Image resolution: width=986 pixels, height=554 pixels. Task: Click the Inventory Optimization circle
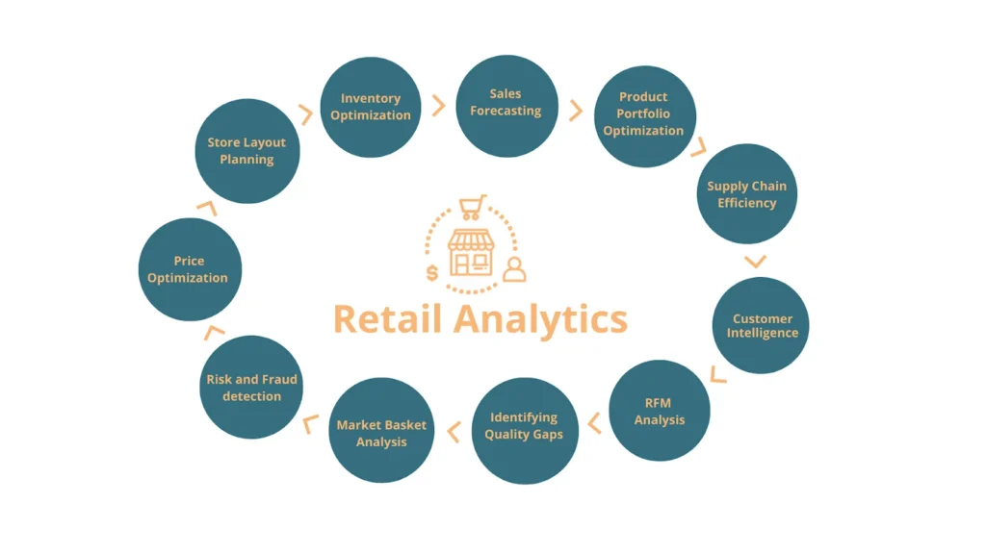[370, 107]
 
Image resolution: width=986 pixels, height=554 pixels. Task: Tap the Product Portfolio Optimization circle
[643, 114]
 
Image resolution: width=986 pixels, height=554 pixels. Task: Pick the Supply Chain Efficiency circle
[746, 194]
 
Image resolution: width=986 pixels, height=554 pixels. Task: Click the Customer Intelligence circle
[762, 325]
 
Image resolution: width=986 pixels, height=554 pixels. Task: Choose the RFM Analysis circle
[660, 411]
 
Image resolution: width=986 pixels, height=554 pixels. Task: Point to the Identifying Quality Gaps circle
[524, 426]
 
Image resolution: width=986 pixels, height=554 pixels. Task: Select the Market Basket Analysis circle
[381, 433]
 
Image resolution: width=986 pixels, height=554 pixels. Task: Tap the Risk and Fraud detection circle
[251, 388]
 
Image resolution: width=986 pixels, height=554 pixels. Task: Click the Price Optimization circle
[188, 269]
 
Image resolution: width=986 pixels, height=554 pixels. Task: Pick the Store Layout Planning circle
[246, 151]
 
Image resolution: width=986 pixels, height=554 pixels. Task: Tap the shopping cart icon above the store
[473, 208]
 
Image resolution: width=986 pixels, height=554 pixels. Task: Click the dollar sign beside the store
[432, 273]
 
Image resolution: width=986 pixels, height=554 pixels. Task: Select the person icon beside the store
[515, 269]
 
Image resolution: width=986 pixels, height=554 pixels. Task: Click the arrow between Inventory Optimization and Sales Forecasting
[438, 106]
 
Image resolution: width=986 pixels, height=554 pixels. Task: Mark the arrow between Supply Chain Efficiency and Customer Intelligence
[756, 261]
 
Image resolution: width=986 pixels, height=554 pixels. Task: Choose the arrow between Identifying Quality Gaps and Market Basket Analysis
[453, 433]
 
